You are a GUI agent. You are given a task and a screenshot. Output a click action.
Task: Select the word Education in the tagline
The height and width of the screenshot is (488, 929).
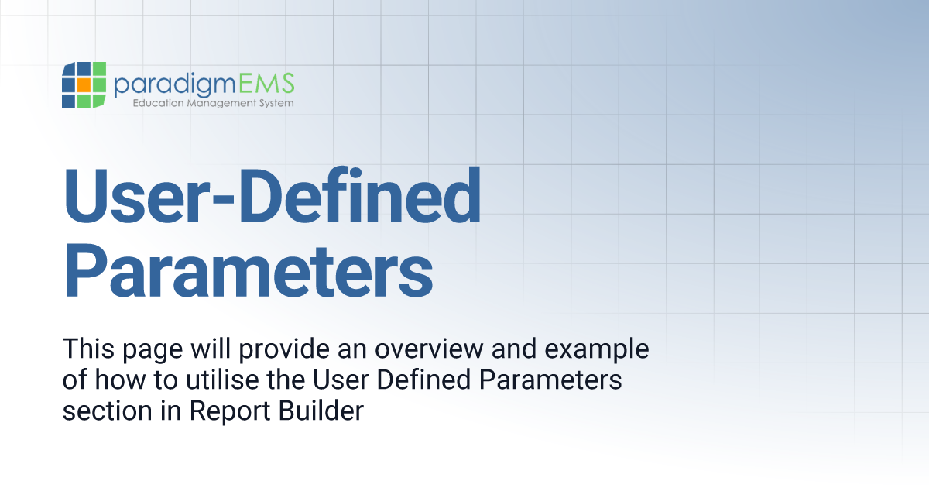(x=158, y=103)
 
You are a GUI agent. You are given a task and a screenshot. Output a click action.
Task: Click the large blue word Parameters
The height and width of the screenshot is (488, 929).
(x=248, y=267)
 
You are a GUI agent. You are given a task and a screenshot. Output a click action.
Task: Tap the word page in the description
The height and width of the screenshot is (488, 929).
(x=152, y=350)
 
